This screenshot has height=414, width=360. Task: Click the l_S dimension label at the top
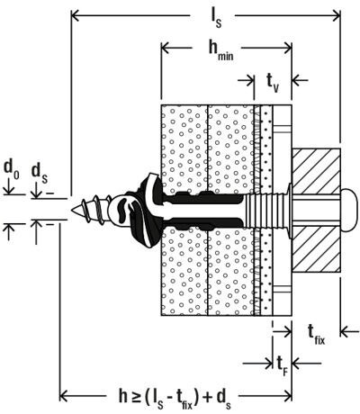tap(215, 19)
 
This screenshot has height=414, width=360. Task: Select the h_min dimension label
tap(220, 50)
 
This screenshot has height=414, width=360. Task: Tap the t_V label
tap(273, 83)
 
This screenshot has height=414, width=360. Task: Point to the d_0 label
tap(12, 169)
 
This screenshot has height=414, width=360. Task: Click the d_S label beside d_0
tap(39, 174)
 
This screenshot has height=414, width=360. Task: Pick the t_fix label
tap(316, 335)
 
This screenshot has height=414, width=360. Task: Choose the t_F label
tap(281, 366)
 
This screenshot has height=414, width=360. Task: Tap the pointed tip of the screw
tap(72, 210)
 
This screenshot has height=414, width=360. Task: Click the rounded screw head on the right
tap(348, 210)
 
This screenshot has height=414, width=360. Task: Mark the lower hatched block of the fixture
tap(316, 248)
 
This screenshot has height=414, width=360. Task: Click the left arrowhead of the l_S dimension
tap(75, 15)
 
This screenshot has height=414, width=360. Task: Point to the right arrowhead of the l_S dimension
tap(336, 15)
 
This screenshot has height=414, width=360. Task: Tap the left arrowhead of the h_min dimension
tap(166, 48)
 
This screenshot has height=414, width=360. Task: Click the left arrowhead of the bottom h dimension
tap(64, 396)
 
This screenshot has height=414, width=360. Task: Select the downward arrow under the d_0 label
tap(9, 186)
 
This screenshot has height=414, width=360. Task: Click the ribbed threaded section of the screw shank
tap(264, 210)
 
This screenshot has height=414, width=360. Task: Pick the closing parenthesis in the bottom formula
tap(196, 398)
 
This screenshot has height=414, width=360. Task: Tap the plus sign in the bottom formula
tap(207, 397)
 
